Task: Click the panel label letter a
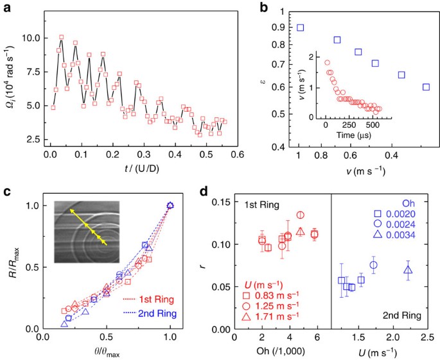click(5, 6)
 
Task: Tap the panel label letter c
click(5, 191)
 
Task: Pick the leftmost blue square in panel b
click(301, 28)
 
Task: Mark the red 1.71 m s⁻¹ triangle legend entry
click(270, 316)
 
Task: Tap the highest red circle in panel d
click(301, 215)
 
